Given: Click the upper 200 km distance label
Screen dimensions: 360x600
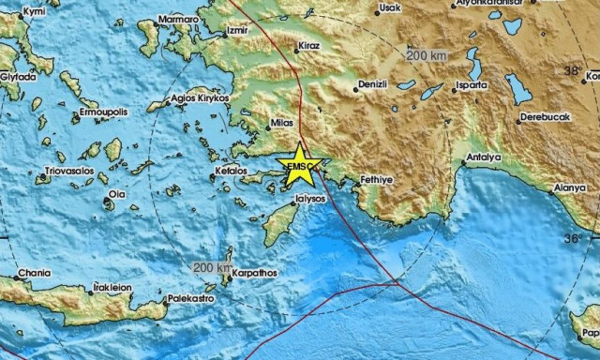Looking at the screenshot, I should tap(426, 55).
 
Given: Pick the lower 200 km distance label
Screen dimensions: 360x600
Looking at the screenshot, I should tap(210, 268).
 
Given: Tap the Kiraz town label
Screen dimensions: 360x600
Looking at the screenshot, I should tap(309, 44).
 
